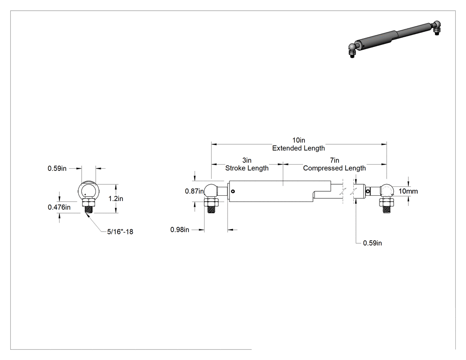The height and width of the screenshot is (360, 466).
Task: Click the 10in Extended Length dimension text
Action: pyautogui.click(x=298, y=144)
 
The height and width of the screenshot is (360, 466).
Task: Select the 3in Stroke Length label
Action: pyautogui.click(x=247, y=164)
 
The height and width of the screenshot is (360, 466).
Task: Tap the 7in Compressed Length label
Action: pyautogui.click(x=334, y=164)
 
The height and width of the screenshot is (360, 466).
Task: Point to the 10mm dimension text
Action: pyautogui.click(x=408, y=191)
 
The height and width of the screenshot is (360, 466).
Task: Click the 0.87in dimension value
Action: pyautogui.click(x=194, y=191)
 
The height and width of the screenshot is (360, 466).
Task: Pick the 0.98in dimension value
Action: pyautogui.click(x=179, y=230)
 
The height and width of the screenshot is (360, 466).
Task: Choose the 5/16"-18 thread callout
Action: pyautogui.click(x=120, y=232)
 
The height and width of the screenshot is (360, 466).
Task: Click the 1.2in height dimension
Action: pyautogui.click(x=115, y=198)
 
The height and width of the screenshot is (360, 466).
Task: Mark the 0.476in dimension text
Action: pyautogui.click(x=59, y=207)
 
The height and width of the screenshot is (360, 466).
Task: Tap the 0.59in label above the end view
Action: pyautogui.click(x=57, y=169)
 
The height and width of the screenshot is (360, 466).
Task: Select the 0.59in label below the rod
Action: pyautogui.click(x=372, y=243)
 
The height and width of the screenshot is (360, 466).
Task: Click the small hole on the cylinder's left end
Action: pyautogui.click(x=233, y=191)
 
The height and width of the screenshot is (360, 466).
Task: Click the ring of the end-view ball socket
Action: pyautogui.click(x=79, y=190)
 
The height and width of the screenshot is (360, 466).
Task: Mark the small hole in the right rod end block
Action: pyautogui.click(x=368, y=191)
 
